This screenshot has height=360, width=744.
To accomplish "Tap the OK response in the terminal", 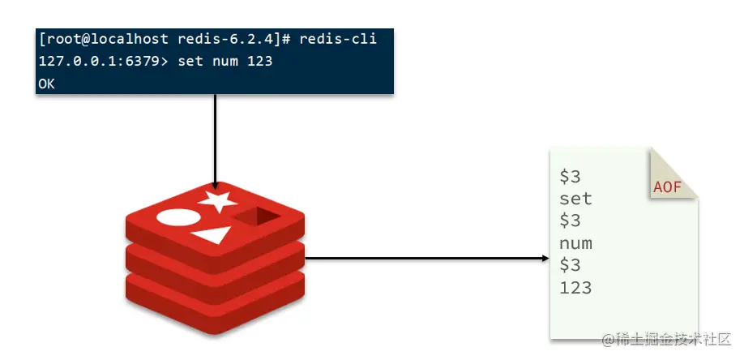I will point(46,84).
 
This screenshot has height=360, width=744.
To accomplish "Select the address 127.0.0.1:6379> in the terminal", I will point(100,61).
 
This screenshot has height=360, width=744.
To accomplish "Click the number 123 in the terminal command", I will point(259,61).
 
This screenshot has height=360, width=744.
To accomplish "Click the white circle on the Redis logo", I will point(177,217).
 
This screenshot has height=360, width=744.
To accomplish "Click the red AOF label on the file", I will point(666,188).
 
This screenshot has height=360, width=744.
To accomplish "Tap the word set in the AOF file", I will point(575,199).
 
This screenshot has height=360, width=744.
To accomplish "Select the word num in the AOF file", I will point(575,243).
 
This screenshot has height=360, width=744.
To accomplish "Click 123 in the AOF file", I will point(575,287).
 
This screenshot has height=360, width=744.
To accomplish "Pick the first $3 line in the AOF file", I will point(570,177).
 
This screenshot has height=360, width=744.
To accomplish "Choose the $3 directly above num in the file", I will point(570,221).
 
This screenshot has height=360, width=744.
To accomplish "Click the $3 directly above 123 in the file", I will point(570,265).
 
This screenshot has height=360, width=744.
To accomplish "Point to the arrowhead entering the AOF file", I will point(545,259).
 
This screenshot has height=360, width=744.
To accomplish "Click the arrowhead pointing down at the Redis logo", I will point(215,183).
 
